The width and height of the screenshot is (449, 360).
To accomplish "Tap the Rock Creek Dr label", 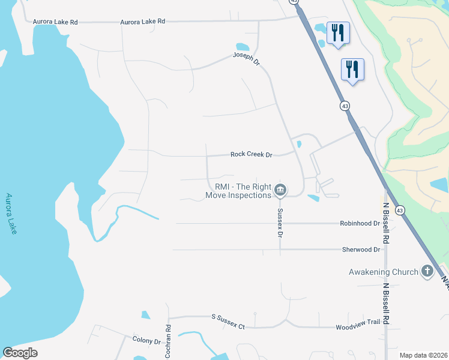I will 252,154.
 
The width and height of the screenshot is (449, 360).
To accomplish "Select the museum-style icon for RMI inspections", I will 280,191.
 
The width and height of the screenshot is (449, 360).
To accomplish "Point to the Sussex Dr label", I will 280,222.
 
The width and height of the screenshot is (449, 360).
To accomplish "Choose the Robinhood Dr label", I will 361,223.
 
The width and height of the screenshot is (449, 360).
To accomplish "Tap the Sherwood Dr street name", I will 361,250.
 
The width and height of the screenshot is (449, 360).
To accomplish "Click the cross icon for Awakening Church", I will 427,272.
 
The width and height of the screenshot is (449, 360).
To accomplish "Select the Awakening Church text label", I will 384,272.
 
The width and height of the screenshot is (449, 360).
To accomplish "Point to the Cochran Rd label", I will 168,341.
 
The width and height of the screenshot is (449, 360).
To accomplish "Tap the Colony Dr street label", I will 146,341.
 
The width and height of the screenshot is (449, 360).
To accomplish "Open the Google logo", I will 20,352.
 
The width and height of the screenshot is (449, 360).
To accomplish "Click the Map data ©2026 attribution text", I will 423,355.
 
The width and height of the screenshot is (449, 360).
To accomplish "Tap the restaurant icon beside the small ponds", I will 338,33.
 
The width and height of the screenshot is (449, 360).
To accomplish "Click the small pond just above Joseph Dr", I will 243,47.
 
